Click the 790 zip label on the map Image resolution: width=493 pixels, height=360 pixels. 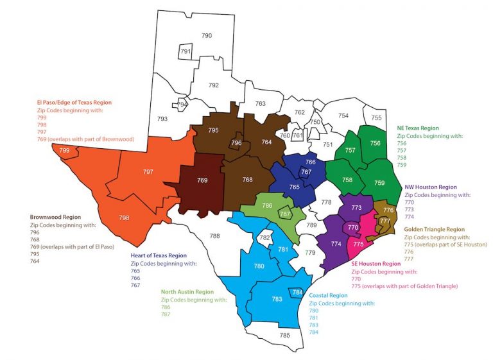(x=207, y=35)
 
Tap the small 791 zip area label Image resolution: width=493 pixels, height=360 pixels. (x=186, y=51)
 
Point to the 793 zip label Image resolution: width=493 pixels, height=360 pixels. (x=162, y=119)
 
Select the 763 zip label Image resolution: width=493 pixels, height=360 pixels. (x=260, y=103)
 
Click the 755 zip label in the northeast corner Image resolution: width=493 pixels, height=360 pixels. (x=376, y=117)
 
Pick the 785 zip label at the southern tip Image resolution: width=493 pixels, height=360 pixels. (x=285, y=336)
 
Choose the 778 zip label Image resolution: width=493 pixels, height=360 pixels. (x=326, y=202)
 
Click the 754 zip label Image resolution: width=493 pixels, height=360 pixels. (x=343, y=116)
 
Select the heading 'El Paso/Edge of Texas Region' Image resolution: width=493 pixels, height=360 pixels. (x=74, y=102)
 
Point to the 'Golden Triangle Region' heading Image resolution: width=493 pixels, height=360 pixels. (x=434, y=229)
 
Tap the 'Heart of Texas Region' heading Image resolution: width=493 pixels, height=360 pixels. (x=159, y=255)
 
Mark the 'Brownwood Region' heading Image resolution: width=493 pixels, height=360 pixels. (x=56, y=217)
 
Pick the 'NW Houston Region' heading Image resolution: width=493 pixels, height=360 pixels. (x=431, y=187)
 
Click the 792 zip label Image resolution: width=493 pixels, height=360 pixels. (x=214, y=85)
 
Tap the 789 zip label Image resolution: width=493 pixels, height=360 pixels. (x=311, y=225)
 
